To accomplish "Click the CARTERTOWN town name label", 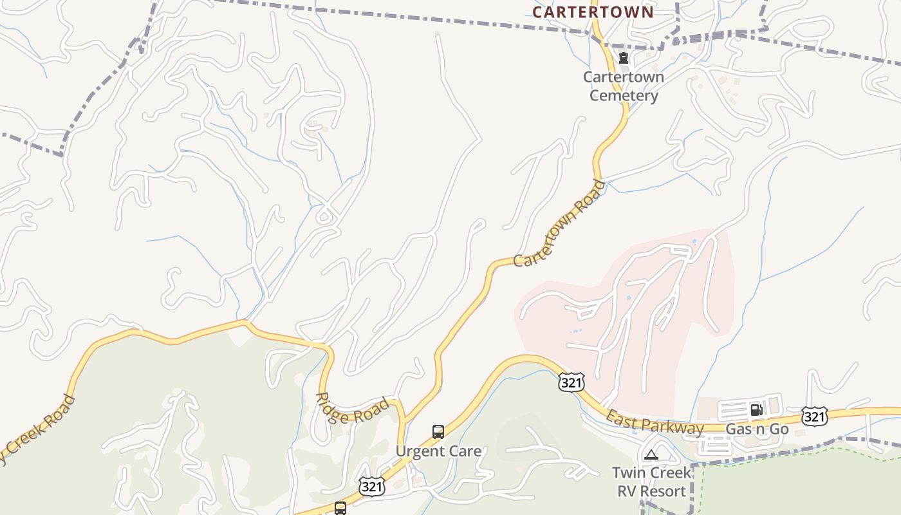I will pos(593,12).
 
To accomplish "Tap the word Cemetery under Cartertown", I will pos(624,96).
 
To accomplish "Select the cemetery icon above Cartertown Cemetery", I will pos(623,58).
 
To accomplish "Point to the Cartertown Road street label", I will pos(559,224).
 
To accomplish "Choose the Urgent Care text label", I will pos(438,451).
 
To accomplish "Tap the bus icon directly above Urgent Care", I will pos(438,431).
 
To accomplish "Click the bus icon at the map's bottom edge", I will pos(340,508).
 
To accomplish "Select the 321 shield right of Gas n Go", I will pos(814,416).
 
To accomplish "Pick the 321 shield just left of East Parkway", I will pos(571,382).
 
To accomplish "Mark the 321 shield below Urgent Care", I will pos(372,487).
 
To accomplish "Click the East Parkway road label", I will pos(655,422).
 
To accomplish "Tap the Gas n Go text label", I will pos(757,429).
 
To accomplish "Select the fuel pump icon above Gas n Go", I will pos(756,409).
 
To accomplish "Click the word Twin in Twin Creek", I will pos(629,473).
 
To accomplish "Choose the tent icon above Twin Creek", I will pos(651,454).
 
